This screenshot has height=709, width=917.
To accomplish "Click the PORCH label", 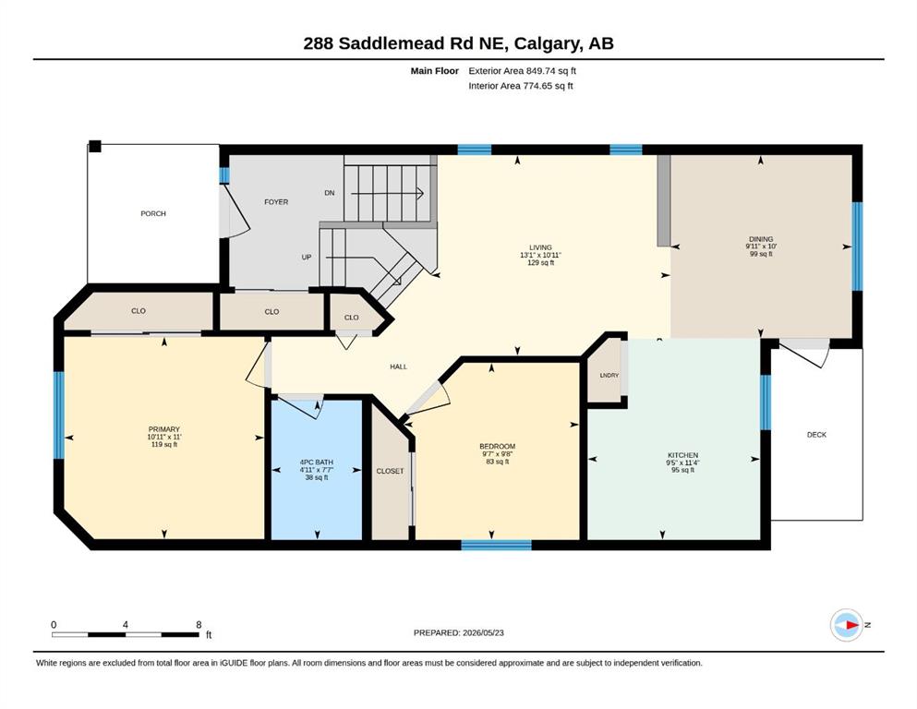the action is [x=153, y=214].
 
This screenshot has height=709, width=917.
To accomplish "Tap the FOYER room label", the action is [x=276, y=202].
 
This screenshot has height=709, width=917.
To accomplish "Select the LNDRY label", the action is [x=609, y=375].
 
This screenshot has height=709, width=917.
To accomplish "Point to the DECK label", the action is [x=816, y=435].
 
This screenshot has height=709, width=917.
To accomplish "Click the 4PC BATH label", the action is [x=317, y=463].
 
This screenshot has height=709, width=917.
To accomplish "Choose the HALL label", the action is [x=398, y=367].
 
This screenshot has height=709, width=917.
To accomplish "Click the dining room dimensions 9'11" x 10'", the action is [x=761, y=246].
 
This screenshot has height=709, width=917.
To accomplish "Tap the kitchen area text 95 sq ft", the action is [x=683, y=470].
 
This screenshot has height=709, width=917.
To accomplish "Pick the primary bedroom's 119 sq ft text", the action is [x=164, y=444].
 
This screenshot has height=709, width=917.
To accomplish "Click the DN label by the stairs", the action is [x=330, y=193].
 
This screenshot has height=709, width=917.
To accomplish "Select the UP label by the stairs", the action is [x=307, y=258].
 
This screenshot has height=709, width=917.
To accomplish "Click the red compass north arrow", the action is [x=852, y=625].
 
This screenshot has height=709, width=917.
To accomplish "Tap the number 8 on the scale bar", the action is [x=199, y=624].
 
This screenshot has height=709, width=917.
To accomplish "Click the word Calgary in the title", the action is [x=548, y=43].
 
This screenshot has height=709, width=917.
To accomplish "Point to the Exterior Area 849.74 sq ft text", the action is [x=523, y=71].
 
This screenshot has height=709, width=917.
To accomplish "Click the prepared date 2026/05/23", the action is [x=483, y=632].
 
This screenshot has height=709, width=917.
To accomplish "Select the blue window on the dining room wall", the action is [x=857, y=246].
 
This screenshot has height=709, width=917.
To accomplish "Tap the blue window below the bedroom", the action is [x=497, y=545].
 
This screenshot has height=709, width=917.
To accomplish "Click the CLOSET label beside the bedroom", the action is [x=390, y=471].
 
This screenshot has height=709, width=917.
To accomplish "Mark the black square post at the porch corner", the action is [x=95, y=146].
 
